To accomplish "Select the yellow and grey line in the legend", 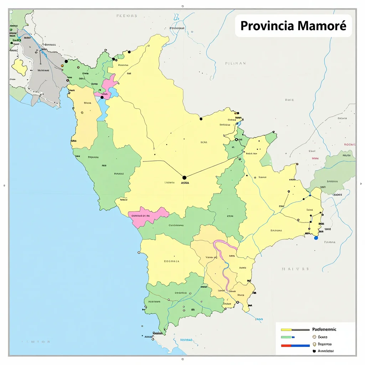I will tap(295, 330).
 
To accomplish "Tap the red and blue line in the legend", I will tap(295, 345).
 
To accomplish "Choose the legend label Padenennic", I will tap(324, 329).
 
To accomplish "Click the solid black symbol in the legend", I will tap(314, 351).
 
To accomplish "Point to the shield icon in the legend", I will tap(314, 344).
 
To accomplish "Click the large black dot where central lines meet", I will tap(184, 177).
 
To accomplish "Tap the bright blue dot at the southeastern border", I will tap(316, 238).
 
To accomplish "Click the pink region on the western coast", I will tap(148, 215).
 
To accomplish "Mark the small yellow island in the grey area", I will tap(19, 67).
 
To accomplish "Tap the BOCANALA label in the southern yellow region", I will tap(172, 261).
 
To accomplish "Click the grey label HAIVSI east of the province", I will tap(294, 269).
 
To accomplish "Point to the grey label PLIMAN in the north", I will tap(235, 63).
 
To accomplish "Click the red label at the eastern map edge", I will tap(349, 145).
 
